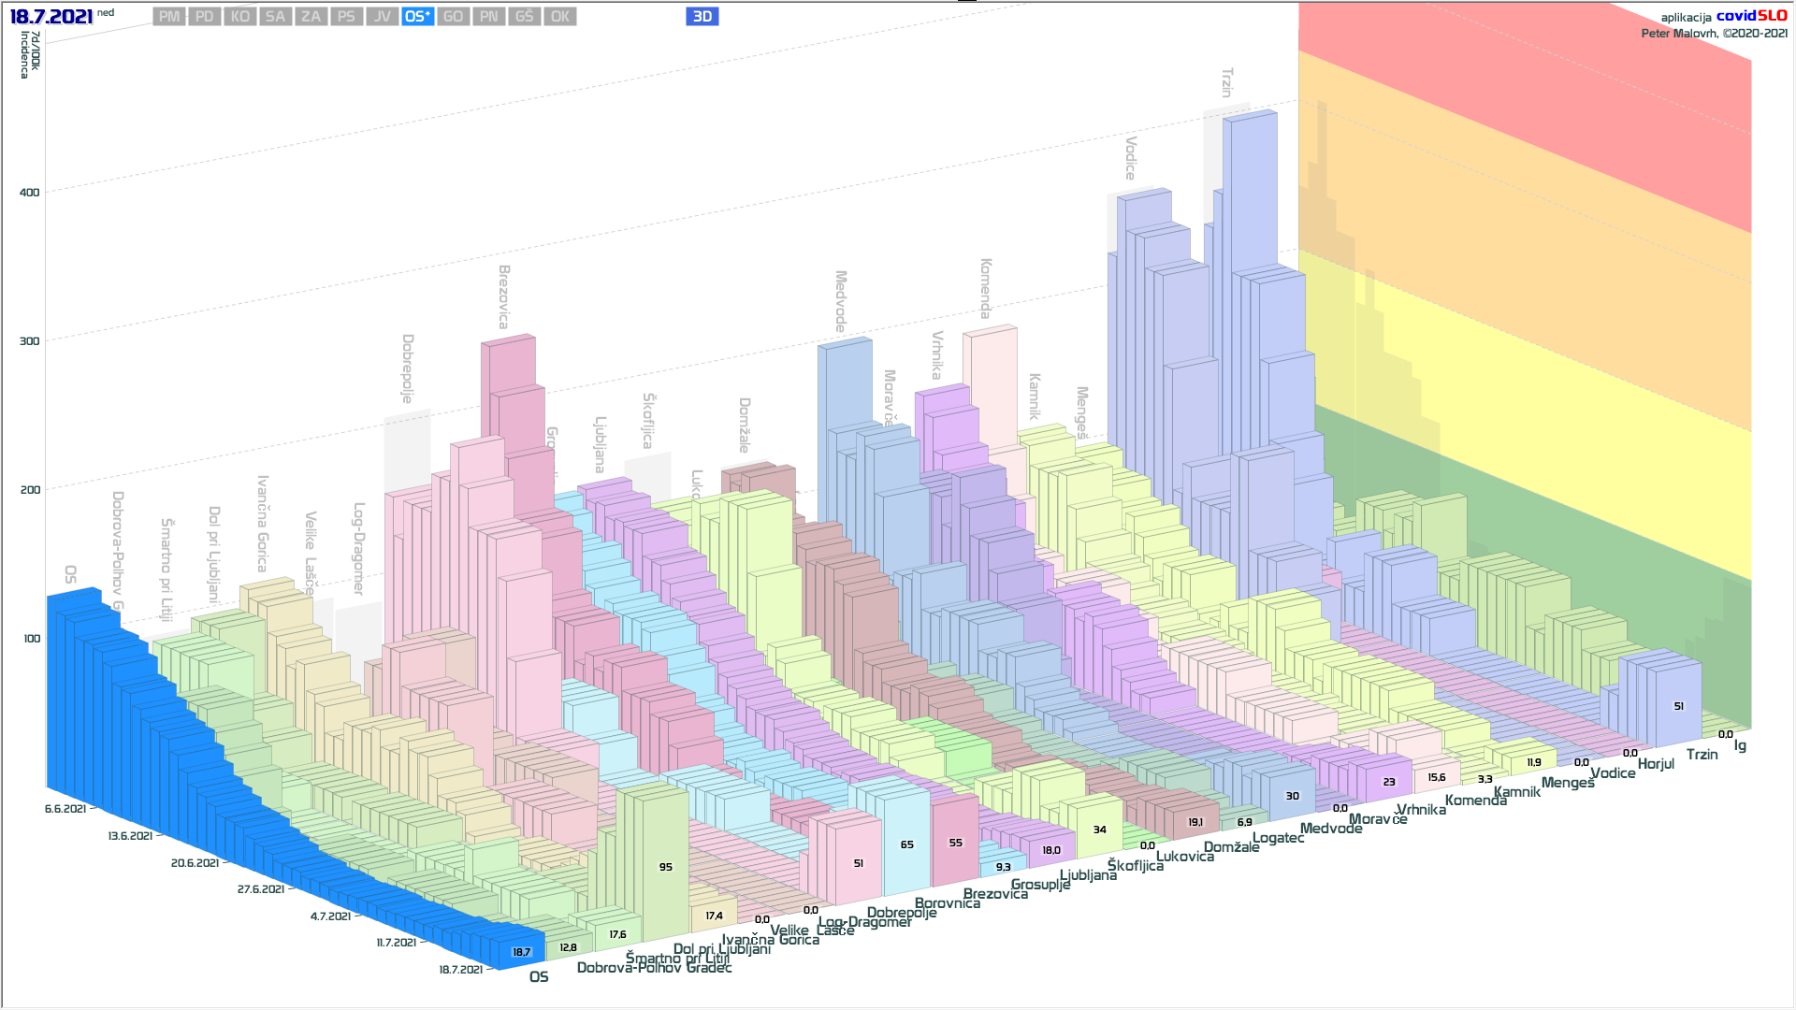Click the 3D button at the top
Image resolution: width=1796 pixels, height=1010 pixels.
(702, 17)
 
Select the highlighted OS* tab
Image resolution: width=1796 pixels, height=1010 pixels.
(417, 17)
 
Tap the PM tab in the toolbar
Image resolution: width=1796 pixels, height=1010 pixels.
(169, 17)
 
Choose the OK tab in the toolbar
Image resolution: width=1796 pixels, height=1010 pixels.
(560, 17)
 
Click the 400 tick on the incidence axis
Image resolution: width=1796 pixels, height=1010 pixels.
(30, 193)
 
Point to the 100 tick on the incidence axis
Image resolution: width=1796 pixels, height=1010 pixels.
(32, 639)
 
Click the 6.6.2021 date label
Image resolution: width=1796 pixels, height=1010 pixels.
(65, 809)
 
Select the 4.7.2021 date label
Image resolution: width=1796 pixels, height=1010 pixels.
(330, 916)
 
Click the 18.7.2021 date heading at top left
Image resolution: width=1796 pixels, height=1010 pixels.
(51, 17)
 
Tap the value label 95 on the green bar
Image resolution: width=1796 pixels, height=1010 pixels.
(665, 867)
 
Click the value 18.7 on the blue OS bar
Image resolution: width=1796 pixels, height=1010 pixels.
(521, 952)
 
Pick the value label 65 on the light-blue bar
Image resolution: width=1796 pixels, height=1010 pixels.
(906, 844)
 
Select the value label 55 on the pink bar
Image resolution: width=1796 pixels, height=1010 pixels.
(955, 843)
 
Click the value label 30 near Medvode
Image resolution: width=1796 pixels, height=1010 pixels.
(1292, 796)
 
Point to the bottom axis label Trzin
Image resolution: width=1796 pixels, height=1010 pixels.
(1702, 755)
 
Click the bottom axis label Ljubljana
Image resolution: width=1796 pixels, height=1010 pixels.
(1088, 875)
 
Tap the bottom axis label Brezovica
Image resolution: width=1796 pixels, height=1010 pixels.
(995, 894)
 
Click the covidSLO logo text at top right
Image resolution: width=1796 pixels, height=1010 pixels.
(1751, 16)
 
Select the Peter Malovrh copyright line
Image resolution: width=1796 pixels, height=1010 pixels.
(1714, 34)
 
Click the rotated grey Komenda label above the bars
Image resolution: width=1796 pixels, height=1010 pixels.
(986, 289)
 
